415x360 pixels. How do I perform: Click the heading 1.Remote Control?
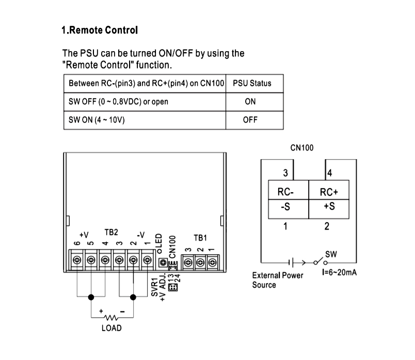tap(100, 30)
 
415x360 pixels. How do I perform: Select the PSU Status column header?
tap(252, 83)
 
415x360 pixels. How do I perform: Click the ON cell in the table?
tap(250, 102)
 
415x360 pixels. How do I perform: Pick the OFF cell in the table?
tap(250, 120)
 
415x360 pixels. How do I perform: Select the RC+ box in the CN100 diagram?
tap(329, 192)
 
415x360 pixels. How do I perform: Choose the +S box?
tap(329, 208)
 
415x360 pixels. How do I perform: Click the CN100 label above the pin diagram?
tap(302, 148)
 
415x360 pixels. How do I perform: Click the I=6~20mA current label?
tap(339, 272)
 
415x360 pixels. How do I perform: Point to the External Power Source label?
tap(277, 280)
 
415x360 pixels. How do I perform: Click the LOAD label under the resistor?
tap(111, 328)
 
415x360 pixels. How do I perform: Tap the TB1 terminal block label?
tap(200, 238)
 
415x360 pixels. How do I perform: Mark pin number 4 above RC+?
tap(329, 173)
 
